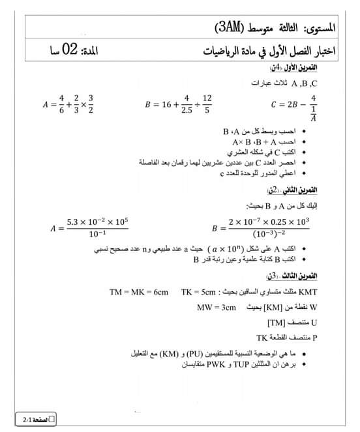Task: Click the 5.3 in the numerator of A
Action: tap(73, 222)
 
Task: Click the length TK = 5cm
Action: tap(198, 292)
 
